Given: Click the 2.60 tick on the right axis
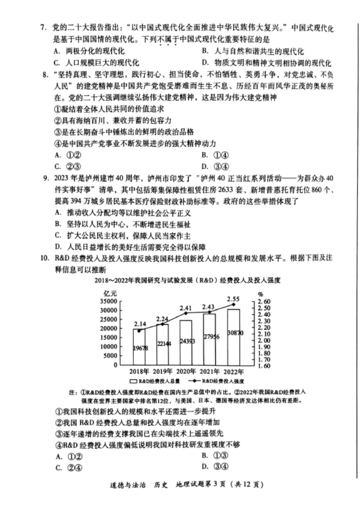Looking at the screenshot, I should coord(265,302).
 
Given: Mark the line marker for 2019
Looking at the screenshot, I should coord(162,324).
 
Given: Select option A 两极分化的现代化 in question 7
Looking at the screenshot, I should coord(89,51).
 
